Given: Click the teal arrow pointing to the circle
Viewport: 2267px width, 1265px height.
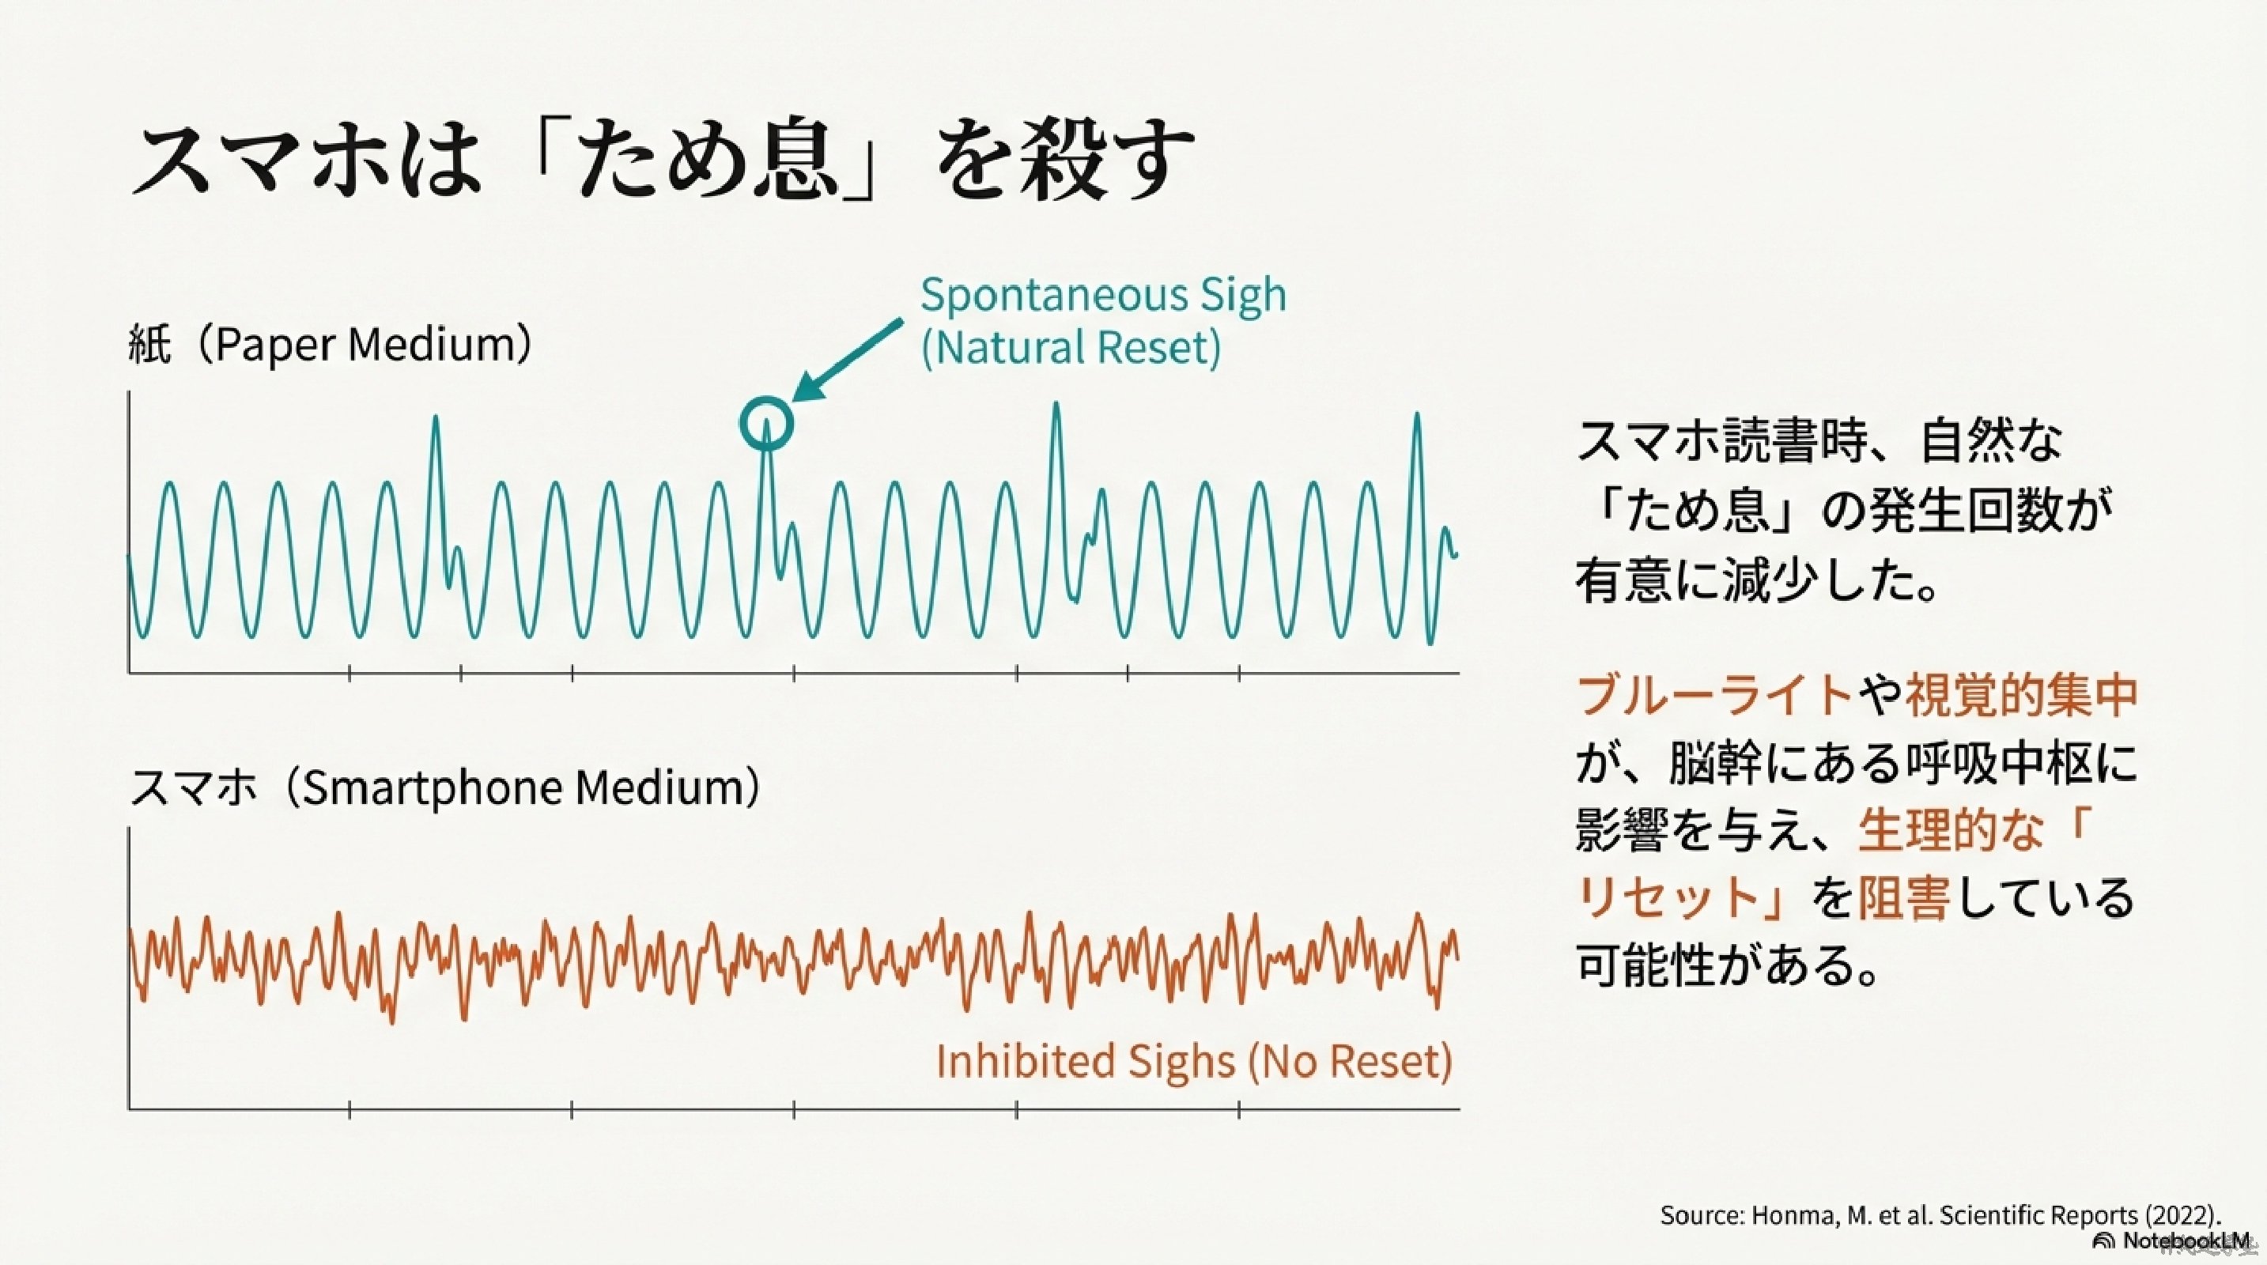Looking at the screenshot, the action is coord(848,361).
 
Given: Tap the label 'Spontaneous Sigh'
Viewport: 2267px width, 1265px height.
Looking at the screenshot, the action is coord(1104,296).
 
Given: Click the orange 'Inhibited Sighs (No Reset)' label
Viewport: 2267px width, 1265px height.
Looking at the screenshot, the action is coord(1194,1062).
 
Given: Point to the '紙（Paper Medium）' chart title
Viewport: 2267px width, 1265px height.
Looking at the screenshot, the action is coord(331,344).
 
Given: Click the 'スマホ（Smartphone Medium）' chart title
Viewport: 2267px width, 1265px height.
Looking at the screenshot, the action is coord(445,787).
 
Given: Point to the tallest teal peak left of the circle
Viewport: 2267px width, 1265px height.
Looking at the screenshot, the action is coord(436,419).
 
